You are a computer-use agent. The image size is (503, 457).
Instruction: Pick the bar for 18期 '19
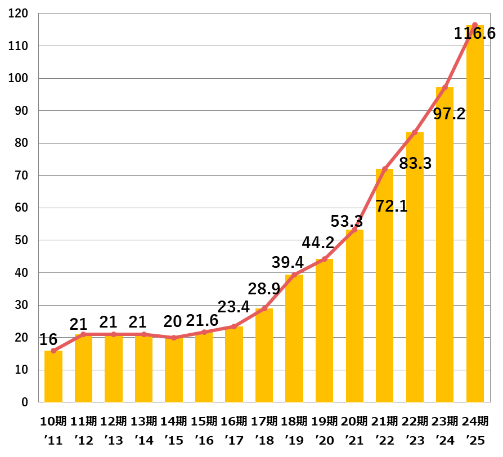tap(294, 338)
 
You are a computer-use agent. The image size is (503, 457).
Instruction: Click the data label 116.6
tap(475, 33)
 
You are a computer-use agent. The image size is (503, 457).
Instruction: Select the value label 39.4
tap(288, 262)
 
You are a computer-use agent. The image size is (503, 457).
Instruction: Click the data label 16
tap(49, 339)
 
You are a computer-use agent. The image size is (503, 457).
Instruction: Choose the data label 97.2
tap(449, 114)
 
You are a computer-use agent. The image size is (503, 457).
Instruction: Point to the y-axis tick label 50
tap(21, 240)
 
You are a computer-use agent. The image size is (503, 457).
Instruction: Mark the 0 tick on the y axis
tap(25, 402)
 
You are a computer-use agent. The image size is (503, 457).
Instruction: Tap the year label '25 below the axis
tap(475, 440)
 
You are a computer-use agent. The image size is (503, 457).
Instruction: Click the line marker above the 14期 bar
tap(174, 338)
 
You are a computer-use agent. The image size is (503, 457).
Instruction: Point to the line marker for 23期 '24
tap(445, 87)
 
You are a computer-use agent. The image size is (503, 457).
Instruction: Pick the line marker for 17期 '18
tap(264, 308)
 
